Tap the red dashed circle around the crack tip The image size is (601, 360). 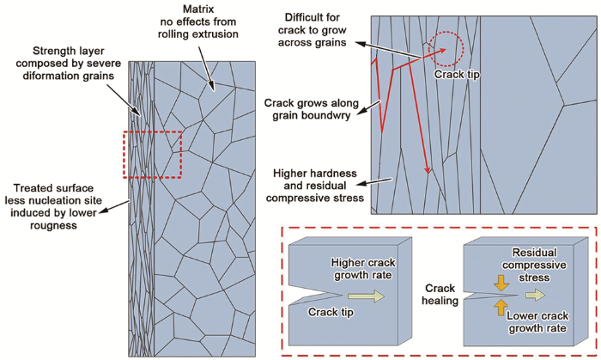tap(448, 49)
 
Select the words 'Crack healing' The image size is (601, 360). tap(441, 295)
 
